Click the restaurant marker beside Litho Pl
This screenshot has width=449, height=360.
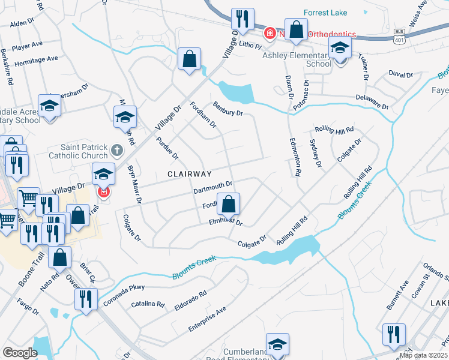(x=243, y=20)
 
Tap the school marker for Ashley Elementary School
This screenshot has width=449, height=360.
(x=340, y=49)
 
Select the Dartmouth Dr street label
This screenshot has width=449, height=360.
(x=212, y=188)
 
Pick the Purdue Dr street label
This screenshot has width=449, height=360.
(x=167, y=148)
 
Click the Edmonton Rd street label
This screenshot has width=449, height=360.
(x=294, y=154)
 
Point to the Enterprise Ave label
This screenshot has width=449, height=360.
(x=207, y=319)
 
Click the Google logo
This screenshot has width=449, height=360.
(x=20, y=352)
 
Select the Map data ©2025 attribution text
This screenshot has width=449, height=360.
(x=423, y=355)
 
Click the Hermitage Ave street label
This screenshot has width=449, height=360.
(x=37, y=59)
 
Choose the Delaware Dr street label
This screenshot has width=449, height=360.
(x=372, y=100)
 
